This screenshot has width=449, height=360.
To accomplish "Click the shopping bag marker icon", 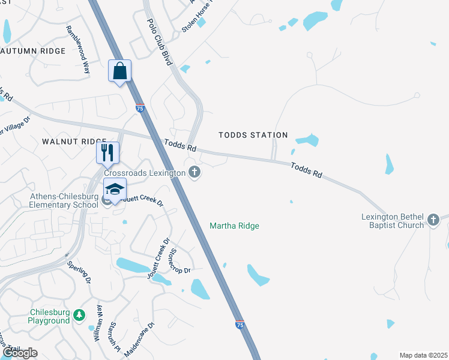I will pos(119,71).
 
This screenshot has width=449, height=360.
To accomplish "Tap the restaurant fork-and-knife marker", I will pos(107,152).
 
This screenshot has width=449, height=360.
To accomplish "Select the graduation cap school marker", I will pos(115,189).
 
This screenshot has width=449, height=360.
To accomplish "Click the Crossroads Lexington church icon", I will pos(194,173).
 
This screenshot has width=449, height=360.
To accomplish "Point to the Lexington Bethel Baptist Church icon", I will pos(434,220).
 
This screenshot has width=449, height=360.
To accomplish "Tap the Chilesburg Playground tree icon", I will pos(79,315).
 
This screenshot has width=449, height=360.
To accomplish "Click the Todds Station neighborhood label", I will pos(253,135).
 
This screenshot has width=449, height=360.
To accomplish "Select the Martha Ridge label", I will pos(234,226).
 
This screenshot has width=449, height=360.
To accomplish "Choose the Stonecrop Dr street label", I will pos(180,262).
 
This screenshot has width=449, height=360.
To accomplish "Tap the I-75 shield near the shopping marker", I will pos(139,109).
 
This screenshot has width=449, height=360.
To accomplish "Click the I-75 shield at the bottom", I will pos(240,325).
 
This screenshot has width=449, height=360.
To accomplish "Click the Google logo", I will pos(20,353).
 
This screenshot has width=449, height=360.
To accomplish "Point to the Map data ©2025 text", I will pos(423,355).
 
